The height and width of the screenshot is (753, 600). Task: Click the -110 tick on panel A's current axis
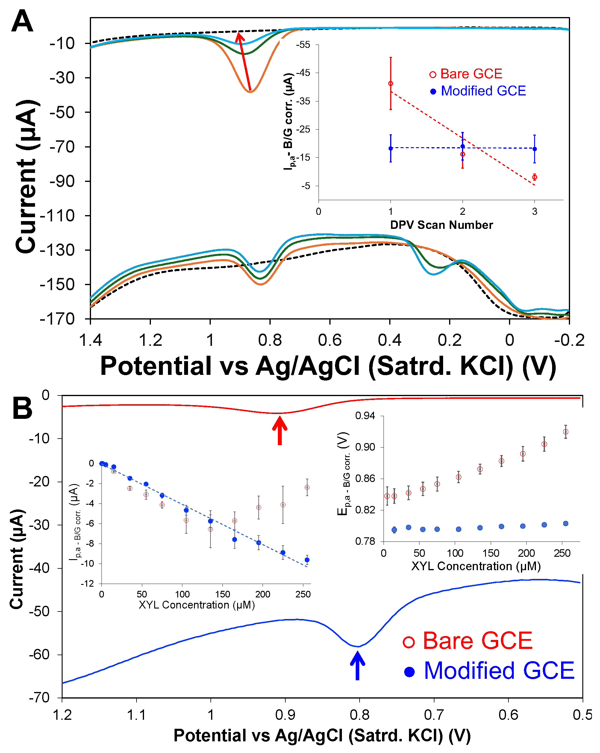pyautogui.click(x=58, y=215)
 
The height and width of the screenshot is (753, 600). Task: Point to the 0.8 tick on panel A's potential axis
pyautogui.click(x=270, y=340)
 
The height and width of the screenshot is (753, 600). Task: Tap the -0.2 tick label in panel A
pyautogui.click(x=569, y=340)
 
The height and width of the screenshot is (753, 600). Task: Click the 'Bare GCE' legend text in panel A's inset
pyautogui.click(x=471, y=74)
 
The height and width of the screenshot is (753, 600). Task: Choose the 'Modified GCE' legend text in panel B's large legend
pyautogui.click(x=499, y=671)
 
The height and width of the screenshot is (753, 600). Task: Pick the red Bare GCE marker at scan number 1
pyautogui.click(x=391, y=83)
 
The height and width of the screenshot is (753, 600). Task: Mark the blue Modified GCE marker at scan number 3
pyautogui.click(x=535, y=149)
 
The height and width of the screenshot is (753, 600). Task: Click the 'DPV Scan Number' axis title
pyautogui.click(x=441, y=225)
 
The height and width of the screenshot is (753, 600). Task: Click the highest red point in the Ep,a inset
pyautogui.click(x=566, y=432)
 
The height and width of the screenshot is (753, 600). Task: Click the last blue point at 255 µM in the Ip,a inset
pyautogui.click(x=307, y=560)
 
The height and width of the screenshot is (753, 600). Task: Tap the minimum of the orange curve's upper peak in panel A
pyautogui.click(x=250, y=92)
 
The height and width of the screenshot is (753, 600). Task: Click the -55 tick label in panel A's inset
pyautogui.click(x=303, y=45)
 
